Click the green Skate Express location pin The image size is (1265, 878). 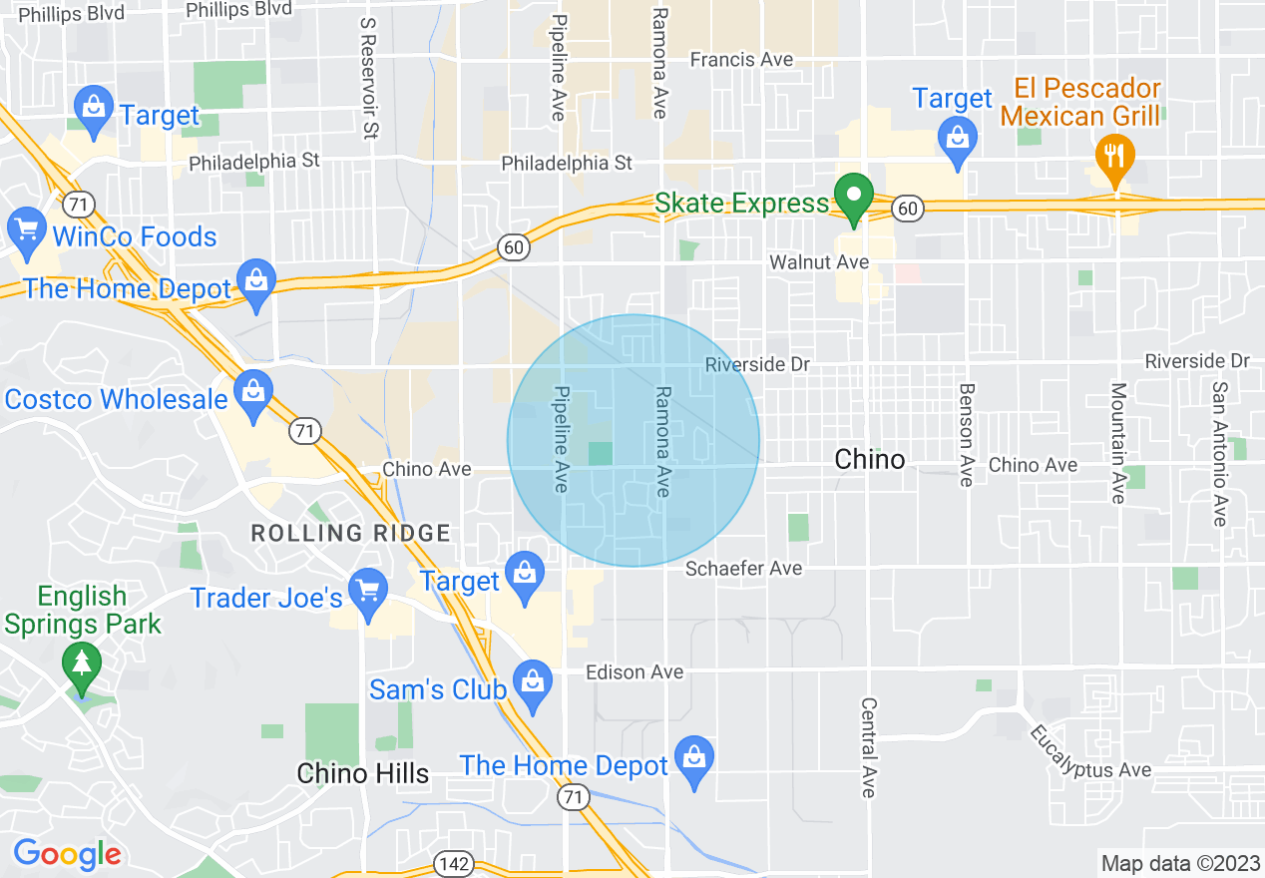click(853, 198)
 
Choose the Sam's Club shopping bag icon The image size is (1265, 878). click(533, 683)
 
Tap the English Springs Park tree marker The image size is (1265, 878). click(82, 663)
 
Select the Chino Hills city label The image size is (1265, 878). click(363, 773)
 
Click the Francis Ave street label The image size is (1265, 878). click(741, 60)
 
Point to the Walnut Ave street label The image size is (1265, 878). click(818, 262)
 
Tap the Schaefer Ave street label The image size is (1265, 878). click(743, 569)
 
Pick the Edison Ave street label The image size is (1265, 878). click(634, 672)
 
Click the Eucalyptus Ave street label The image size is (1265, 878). click(1090, 753)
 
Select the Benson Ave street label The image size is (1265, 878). click(965, 435)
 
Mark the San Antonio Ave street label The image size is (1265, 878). click(1219, 454)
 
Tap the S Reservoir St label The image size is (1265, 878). click(369, 78)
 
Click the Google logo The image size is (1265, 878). click(67, 854)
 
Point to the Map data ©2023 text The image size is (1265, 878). click(1178, 863)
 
